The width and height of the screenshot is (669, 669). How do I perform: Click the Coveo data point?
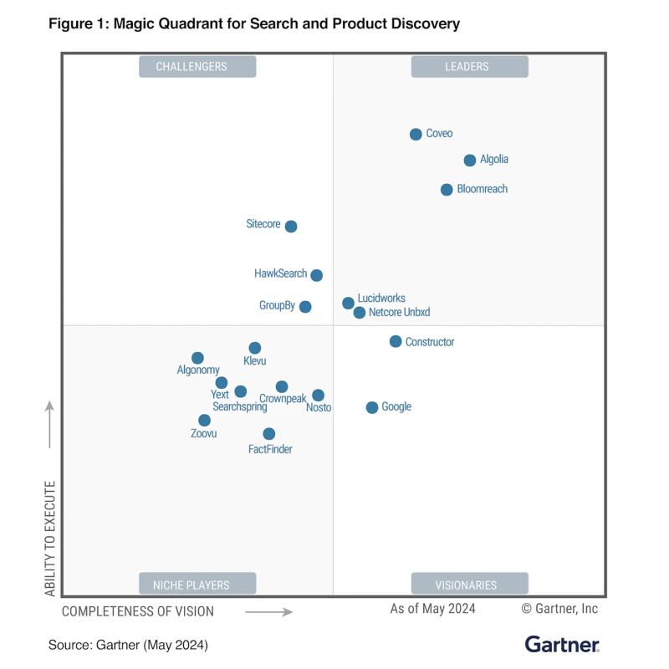[416, 134]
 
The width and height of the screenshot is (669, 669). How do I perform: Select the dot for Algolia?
[470, 160]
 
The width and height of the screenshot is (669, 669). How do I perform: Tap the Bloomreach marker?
[447, 190]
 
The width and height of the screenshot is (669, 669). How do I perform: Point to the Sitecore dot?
[291, 226]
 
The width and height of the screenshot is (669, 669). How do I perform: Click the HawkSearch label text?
[280, 273]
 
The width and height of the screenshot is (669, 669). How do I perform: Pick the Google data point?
[372, 407]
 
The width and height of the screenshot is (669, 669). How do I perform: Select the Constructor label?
[430, 342]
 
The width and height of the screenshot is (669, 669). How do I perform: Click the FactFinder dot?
[268, 433]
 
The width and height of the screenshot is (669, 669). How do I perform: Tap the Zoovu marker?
[204, 420]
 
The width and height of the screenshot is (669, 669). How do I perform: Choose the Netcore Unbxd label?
[399, 313]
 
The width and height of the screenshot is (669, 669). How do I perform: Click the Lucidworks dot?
[348, 303]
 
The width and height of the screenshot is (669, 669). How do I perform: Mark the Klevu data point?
[255, 348]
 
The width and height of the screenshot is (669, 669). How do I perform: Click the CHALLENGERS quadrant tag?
[197, 67]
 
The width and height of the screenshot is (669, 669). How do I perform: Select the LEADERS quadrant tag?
[469, 67]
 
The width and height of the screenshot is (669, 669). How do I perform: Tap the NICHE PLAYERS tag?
[197, 585]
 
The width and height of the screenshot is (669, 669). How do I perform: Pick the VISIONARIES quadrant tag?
[469, 585]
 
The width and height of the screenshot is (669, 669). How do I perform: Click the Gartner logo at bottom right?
[562, 644]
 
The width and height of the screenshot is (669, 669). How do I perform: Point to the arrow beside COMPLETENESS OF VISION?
[268, 611]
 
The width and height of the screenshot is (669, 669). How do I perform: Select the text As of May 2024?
[432, 609]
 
